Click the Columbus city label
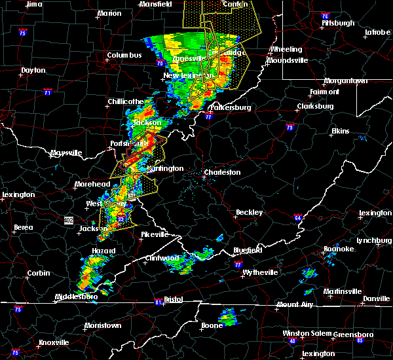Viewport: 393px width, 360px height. [x=124, y=56]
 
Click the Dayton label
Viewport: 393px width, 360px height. [x=33, y=70]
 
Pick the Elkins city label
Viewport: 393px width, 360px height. [x=340, y=132]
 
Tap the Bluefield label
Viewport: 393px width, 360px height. [x=250, y=251]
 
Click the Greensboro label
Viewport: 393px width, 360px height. [x=354, y=334]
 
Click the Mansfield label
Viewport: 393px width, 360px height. [x=156, y=4]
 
